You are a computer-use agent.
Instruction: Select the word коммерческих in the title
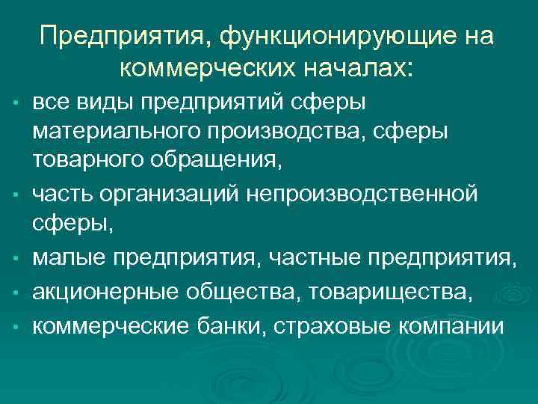(206, 68)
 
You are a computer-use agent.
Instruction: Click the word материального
(112, 132)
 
